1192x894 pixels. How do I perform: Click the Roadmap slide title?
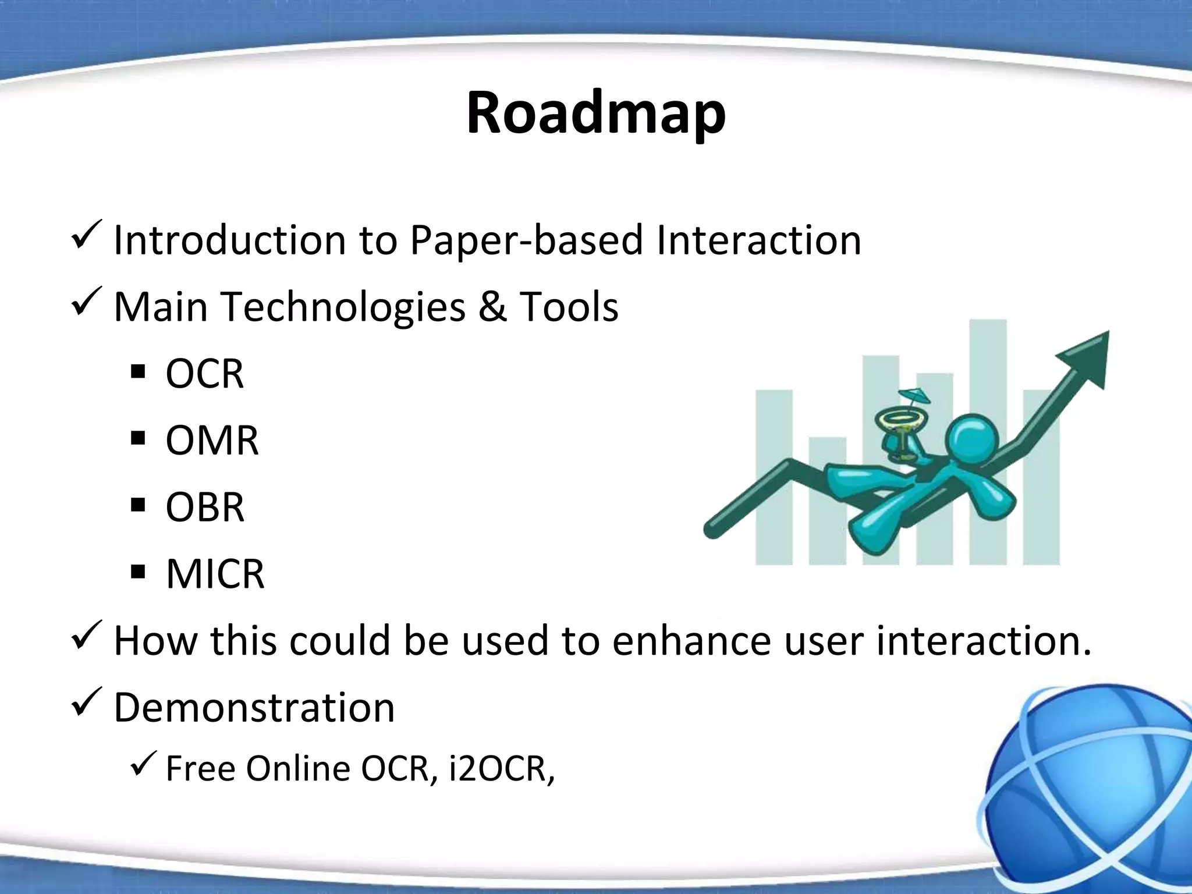click(595, 113)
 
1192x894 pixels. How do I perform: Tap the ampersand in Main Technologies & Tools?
click(492, 307)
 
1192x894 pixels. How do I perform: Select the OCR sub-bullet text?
click(204, 374)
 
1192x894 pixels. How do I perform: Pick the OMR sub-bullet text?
click(212, 441)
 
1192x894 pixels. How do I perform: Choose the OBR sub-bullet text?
click(205, 508)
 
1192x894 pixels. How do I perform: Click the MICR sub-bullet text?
click(215, 574)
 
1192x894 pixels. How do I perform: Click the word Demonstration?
click(254, 708)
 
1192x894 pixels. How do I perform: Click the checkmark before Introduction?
click(86, 235)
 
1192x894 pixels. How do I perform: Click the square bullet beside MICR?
click(138, 572)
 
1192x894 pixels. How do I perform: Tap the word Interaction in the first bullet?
click(758, 240)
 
